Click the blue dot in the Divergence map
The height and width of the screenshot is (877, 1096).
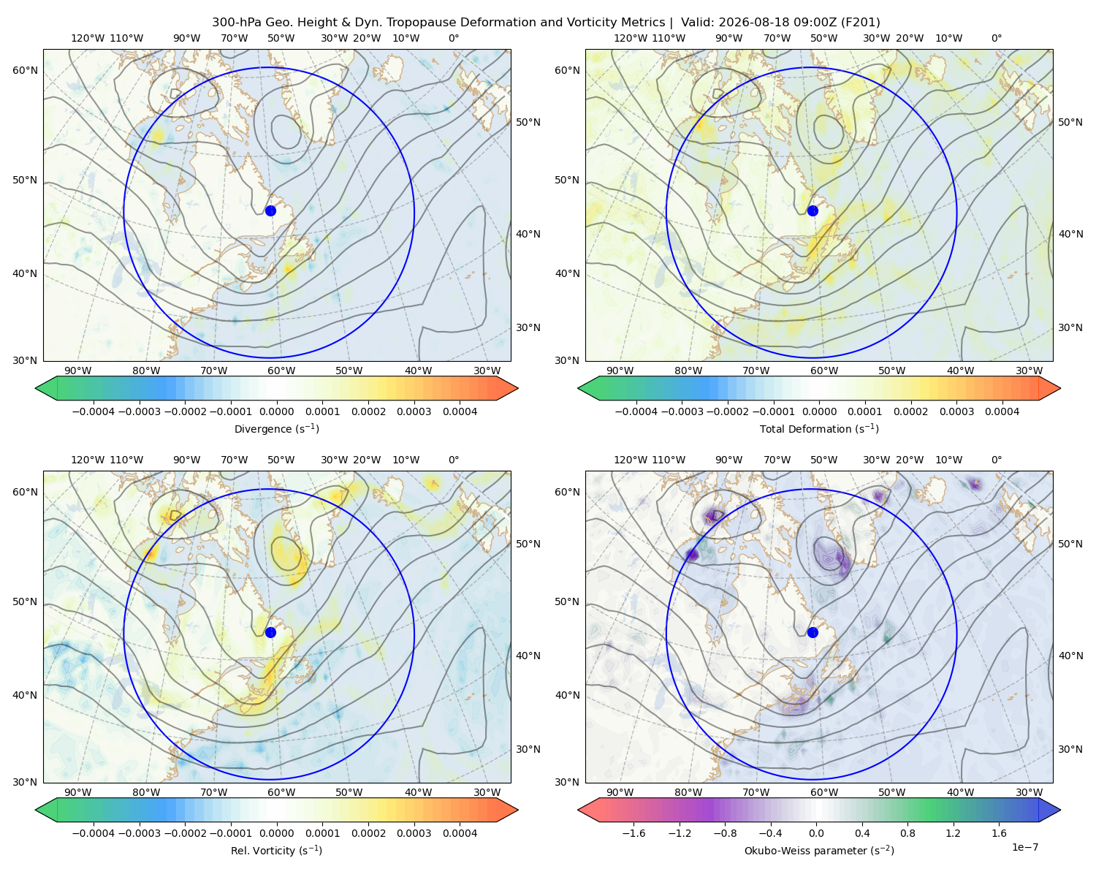270,210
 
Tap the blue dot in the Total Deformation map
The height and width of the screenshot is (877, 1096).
813,210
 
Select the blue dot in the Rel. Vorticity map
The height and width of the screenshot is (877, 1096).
270,632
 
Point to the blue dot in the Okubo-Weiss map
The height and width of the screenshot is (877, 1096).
813,632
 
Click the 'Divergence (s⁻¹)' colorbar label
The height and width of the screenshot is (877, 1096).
276,429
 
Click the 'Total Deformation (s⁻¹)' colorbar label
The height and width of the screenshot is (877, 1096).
819,429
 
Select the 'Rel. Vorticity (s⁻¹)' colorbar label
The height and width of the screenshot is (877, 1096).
276,851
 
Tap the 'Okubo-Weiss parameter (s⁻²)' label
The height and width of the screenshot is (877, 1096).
819,851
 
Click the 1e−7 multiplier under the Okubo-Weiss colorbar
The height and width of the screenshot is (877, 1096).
1024,847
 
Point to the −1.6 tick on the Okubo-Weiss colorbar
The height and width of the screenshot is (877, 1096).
633,833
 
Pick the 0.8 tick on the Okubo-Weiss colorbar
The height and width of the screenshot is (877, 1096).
907,833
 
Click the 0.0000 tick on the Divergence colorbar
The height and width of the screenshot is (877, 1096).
276,411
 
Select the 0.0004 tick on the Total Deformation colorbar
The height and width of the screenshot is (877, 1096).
1002,411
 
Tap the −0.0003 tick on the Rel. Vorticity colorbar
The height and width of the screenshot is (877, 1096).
139,833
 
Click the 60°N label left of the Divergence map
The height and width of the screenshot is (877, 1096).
25,70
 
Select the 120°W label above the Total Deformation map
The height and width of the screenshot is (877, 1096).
630,38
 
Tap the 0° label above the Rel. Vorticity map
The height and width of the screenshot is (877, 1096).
454,460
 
